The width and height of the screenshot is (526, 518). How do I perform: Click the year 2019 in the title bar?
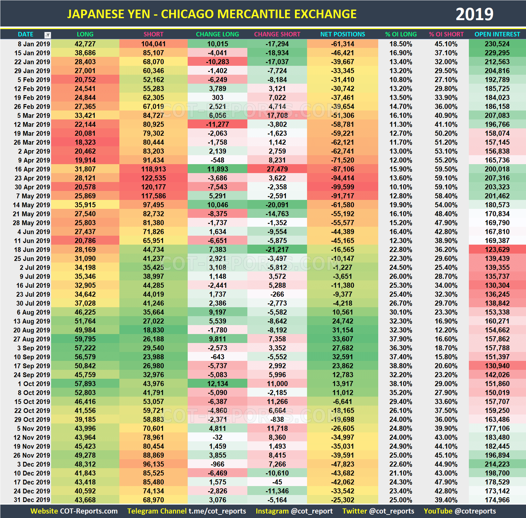[x=474, y=14]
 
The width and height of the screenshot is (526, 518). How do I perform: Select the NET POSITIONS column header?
[x=342, y=34]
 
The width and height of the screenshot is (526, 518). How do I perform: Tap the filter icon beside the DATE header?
[x=48, y=35]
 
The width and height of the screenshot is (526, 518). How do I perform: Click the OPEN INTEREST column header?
[x=497, y=34]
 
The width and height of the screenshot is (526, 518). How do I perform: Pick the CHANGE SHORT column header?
[x=277, y=34]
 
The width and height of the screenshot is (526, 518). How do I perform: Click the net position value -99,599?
[x=342, y=187]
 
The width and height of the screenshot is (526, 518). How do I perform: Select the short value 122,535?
[x=153, y=178]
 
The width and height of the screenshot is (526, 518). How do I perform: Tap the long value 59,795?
[x=85, y=339]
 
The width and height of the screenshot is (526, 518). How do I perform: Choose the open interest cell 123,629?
[x=497, y=250]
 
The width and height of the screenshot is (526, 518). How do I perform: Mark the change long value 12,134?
[x=217, y=384]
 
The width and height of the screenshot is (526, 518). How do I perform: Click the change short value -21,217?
[x=277, y=250]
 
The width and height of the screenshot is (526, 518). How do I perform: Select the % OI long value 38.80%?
[x=401, y=366]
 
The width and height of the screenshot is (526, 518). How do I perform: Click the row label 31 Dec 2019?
[x=32, y=500]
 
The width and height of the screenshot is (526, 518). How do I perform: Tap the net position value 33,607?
[x=342, y=339]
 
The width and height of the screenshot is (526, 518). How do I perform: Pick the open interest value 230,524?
[x=497, y=44]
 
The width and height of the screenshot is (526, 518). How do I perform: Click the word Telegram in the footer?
[x=140, y=511]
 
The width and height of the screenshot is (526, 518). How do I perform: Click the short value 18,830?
[x=153, y=330]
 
